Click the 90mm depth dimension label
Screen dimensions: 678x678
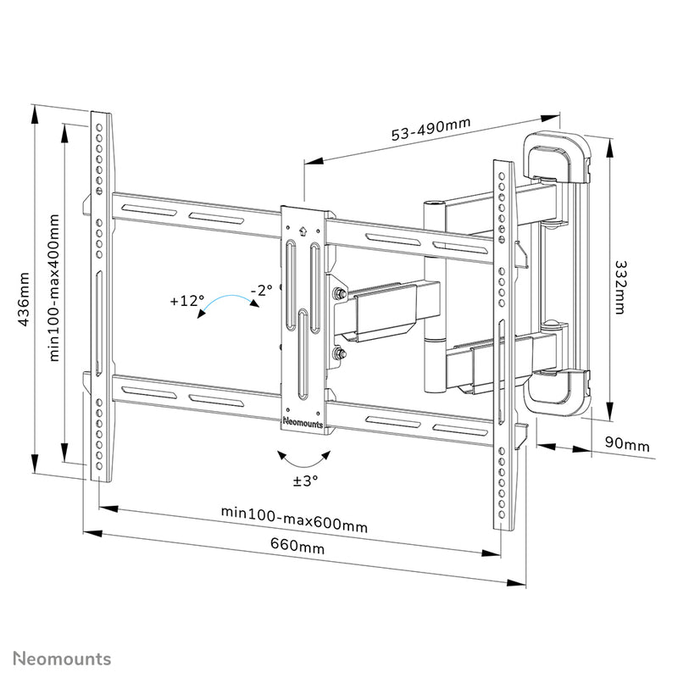[x=625, y=444]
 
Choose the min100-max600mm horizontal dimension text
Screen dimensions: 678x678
[x=294, y=519]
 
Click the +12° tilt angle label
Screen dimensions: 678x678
[x=186, y=301]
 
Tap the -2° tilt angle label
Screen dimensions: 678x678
[x=260, y=291]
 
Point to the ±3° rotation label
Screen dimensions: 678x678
[x=305, y=480]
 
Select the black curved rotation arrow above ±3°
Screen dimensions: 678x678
[x=304, y=459]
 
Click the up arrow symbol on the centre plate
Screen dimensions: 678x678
[x=303, y=229]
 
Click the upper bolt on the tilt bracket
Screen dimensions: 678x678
[x=339, y=294]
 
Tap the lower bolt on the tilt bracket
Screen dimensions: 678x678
[x=339, y=354]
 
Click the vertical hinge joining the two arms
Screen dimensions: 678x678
[x=433, y=297]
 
